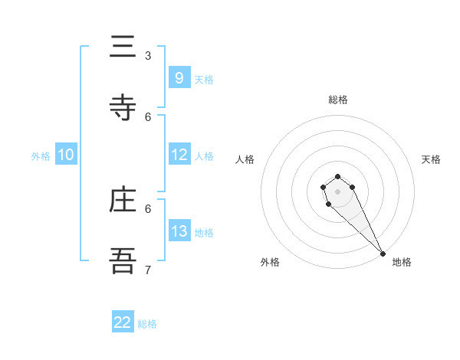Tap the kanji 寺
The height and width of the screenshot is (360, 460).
(x=123, y=108)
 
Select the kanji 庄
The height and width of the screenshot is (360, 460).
(x=123, y=200)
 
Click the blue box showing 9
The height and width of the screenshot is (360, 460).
(x=179, y=77)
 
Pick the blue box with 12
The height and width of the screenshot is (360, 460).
(x=179, y=155)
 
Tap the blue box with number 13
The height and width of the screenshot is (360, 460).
(x=179, y=231)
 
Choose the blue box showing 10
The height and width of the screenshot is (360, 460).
(x=66, y=155)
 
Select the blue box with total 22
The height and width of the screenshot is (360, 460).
(x=123, y=322)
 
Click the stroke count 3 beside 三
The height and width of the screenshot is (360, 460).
(x=148, y=56)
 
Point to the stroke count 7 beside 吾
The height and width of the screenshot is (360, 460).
(x=148, y=270)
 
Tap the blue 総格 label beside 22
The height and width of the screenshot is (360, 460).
(x=147, y=324)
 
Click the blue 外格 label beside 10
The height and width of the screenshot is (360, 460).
(x=41, y=155)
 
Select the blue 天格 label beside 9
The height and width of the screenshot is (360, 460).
(x=204, y=79)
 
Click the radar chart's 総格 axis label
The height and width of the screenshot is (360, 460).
(x=338, y=100)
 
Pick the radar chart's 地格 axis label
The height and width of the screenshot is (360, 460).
(x=402, y=262)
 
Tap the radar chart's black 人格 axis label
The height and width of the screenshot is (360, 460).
(x=245, y=159)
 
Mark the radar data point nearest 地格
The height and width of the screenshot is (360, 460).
(x=383, y=254)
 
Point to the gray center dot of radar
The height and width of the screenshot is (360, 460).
(x=338, y=191)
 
